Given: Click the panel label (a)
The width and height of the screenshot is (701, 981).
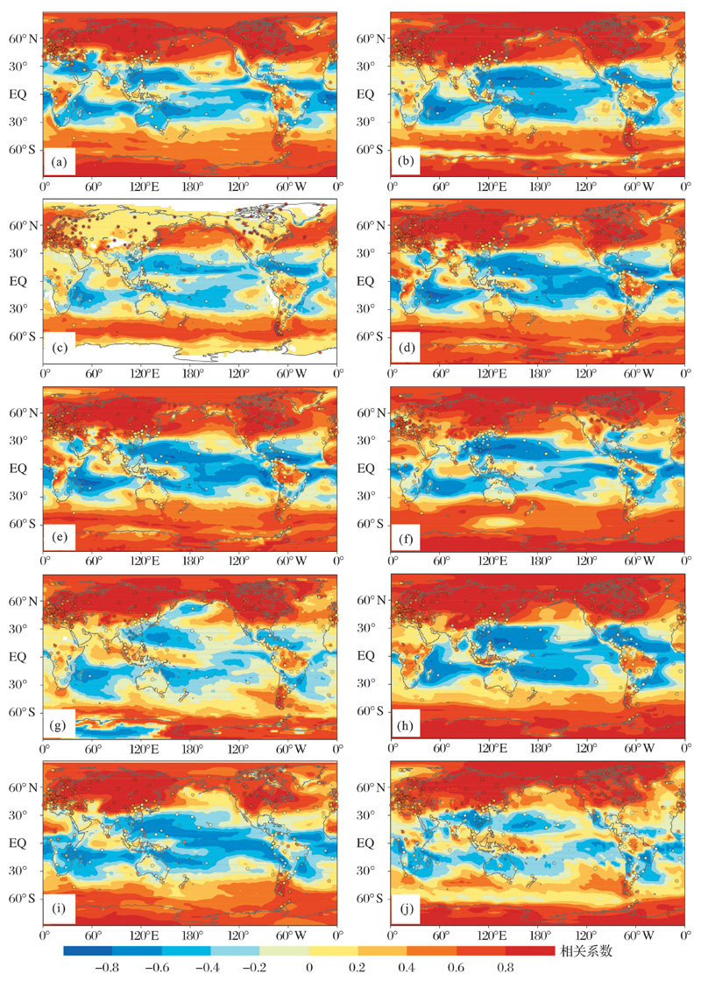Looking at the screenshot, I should (59, 162).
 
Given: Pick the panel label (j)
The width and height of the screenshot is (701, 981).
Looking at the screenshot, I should (406, 911).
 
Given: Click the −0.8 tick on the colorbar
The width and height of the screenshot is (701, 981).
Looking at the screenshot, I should (111, 968).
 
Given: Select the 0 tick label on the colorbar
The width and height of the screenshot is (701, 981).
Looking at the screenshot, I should (309, 968).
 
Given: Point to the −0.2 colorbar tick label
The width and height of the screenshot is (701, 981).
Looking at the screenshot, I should (258, 968).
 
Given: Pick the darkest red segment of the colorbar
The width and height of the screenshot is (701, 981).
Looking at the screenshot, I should (530, 950).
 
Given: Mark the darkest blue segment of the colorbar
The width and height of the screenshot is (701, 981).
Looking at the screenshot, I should (88, 950).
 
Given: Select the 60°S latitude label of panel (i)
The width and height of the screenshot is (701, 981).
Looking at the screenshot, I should (23, 899).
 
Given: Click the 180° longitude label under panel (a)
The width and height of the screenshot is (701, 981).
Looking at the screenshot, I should (192, 187).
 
